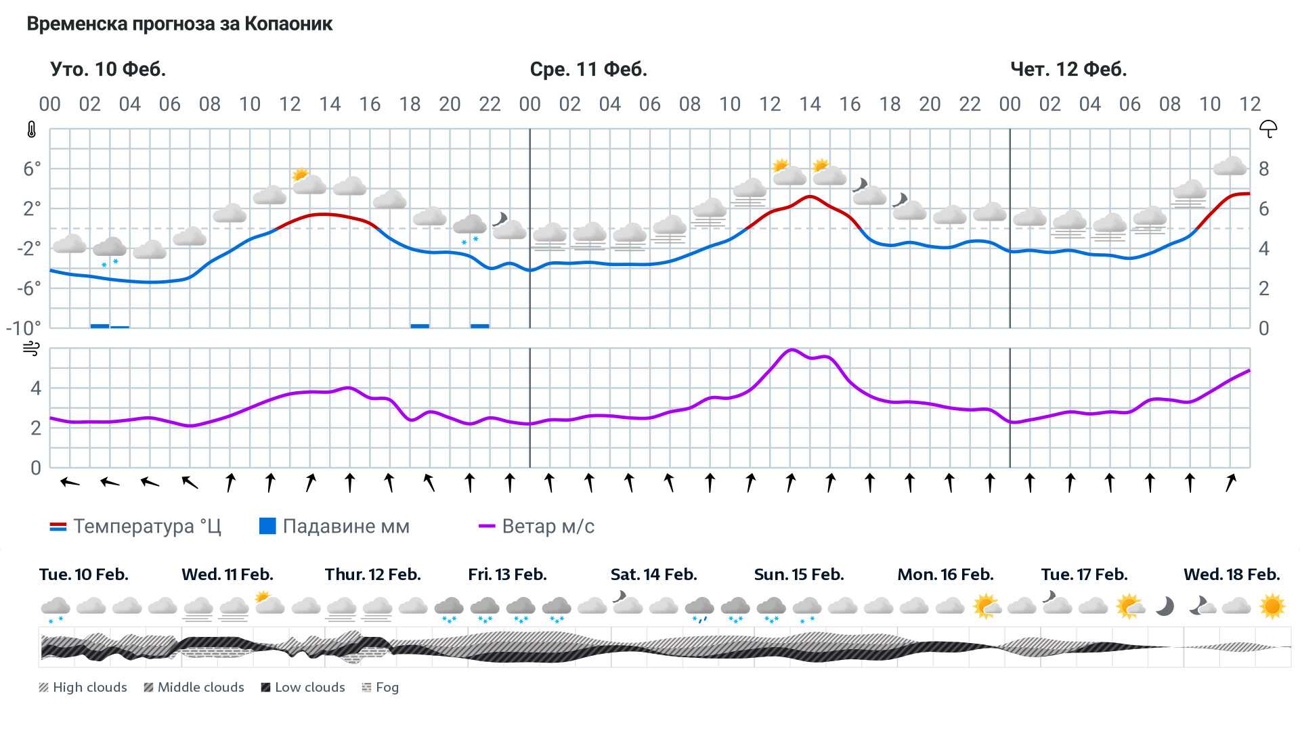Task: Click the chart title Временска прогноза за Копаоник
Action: click(179, 24)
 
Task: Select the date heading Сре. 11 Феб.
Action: click(588, 69)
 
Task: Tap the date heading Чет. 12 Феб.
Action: click(1068, 69)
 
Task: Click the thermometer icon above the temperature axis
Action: click(31, 129)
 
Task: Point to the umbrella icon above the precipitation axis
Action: click(1267, 129)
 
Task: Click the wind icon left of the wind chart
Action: click(31, 349)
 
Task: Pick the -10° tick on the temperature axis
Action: click(23, 328)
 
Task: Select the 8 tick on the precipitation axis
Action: click(1263, 169)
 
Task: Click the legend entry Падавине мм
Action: click(334, 527)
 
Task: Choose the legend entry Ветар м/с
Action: click(536, 527)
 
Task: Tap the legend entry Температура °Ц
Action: click(135, 527)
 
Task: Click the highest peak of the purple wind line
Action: click(791, 350)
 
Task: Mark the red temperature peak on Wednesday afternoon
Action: click(810, 196)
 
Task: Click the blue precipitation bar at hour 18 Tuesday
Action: click(420, 326)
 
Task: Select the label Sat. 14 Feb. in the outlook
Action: click(653, 575)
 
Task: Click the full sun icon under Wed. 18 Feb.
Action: click(1272, 606)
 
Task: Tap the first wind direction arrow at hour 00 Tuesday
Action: click(70, 483)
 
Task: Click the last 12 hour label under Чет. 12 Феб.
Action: click(1250, 104)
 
